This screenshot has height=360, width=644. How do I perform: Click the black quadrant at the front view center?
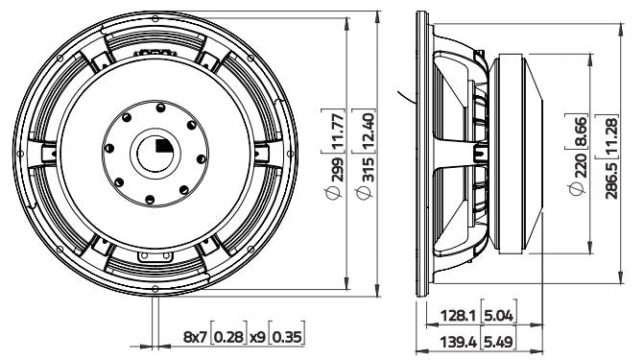coord(161,146)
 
